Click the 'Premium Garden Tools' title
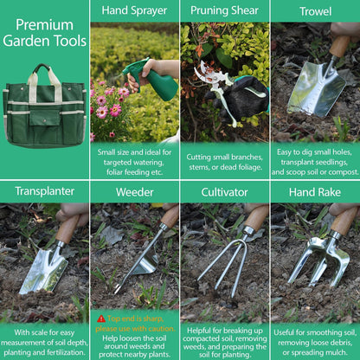coord(44,33)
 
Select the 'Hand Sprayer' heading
coord(134,11)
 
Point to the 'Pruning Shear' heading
coord(224,11)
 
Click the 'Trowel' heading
coord(315,11)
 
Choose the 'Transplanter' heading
coord(44,191)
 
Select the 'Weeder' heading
coord(134,191)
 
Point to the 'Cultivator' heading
coord(224,191)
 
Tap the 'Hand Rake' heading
coord(315,191)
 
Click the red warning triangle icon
coord(101,318)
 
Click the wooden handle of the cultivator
coord(255,217)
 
